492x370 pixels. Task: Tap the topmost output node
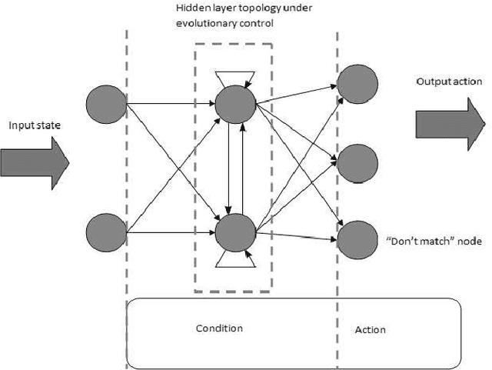tap(357, 81)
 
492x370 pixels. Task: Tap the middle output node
tap(357, 162)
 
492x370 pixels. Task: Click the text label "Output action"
tap(449, 82)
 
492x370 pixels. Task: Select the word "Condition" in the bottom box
tap(220, 328)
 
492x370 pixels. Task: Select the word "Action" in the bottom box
tap(370, 330)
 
